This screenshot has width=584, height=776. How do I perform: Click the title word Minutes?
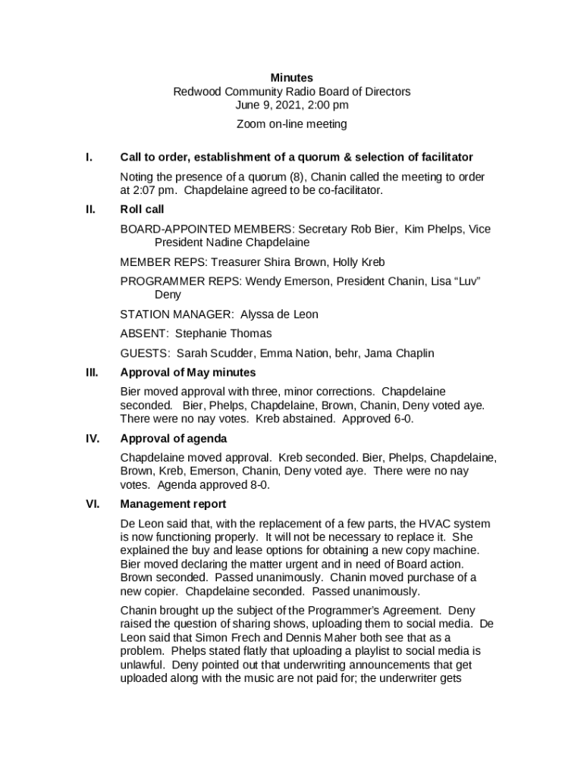click(292, 78)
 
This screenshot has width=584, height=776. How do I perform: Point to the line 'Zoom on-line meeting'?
click(291, 124)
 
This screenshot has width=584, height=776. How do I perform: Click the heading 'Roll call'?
click(142, 209)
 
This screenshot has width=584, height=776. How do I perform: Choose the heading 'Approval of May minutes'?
click(188, 372)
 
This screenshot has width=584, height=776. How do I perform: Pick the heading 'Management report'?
click(173, 504)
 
